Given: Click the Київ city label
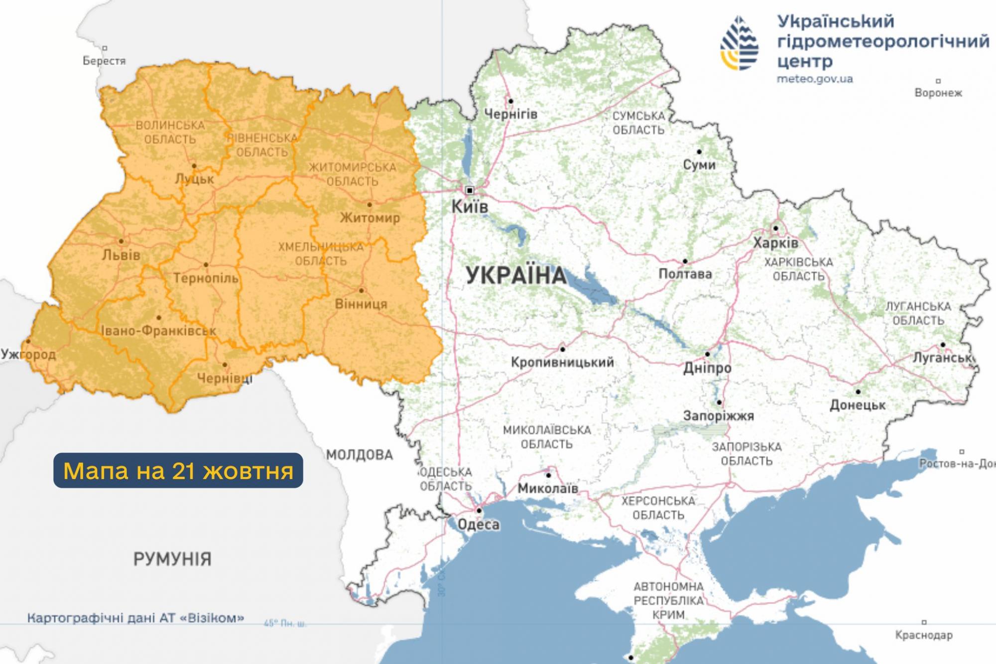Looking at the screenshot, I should (469, 207).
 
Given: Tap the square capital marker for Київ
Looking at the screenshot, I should (469, 190).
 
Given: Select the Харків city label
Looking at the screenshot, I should (775, 243).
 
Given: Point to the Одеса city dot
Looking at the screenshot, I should (479, 511).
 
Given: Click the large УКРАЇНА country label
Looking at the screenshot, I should (516, 275).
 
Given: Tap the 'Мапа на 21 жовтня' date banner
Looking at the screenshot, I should (178, 470).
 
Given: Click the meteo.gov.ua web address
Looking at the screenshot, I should (815, 79).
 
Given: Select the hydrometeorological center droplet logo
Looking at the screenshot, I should (740, 43).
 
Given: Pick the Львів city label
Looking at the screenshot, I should (121, 255).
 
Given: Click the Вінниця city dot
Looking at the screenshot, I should (362, 290).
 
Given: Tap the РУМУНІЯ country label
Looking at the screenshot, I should (172, 559).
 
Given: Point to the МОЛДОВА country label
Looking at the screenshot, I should (360, 454).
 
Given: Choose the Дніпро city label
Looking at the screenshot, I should (707, 368).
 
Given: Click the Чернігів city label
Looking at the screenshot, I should (511, 114).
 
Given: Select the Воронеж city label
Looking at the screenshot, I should (938, 93).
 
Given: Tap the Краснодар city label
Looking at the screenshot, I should (924, 635).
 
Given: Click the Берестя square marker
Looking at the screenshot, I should (105, 48).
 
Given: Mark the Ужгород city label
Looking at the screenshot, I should (28, 355).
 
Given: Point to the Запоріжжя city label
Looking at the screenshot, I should (718, 415).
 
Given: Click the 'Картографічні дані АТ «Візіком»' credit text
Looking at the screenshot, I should (135, 618).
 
